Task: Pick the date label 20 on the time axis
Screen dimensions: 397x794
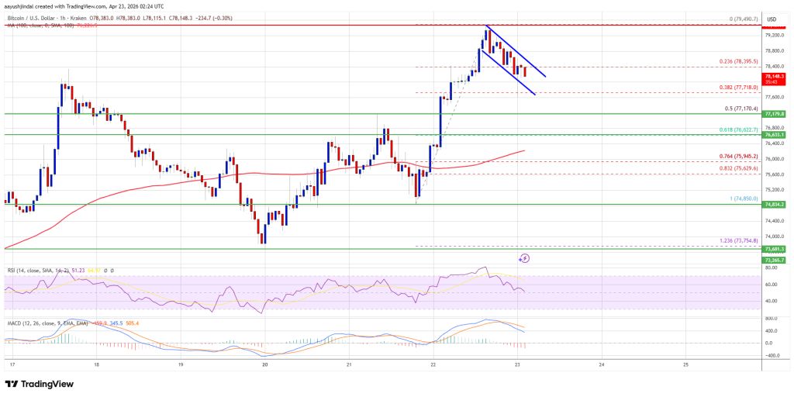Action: click(265, 364)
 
